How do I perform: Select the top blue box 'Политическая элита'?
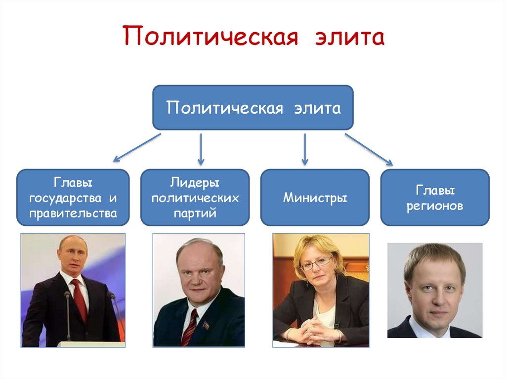tap(253, 108)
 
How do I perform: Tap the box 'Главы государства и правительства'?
tap(73, 198)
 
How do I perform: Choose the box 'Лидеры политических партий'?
tap(195, 198)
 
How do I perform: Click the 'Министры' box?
tap(315, 198)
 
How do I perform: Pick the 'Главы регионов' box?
tap(435, 198)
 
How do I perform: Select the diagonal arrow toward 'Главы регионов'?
tap(369, 149)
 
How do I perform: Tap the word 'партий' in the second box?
tap(195, 214)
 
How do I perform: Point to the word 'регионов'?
tap(435, 206)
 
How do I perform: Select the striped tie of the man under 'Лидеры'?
tap(190, 327)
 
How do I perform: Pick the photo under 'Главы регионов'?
tap(435, 291)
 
